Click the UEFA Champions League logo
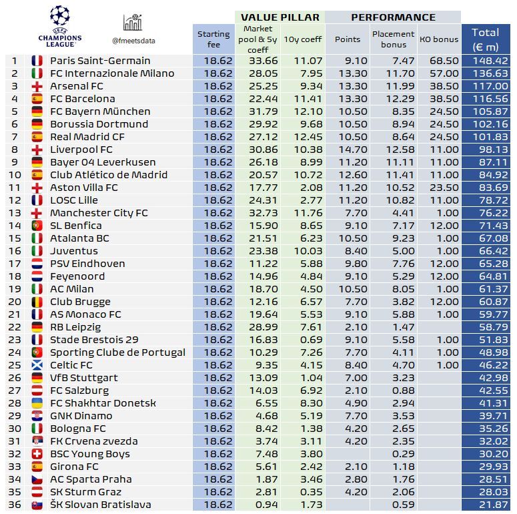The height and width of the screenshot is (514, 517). (x=59, y=25)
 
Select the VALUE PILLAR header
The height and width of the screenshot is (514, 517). (x=280, y=17)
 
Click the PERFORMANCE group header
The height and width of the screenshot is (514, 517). (x=393, y=17)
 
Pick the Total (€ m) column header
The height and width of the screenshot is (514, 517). (x=485, y=39)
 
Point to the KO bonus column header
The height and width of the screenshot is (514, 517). (x=439, y=39)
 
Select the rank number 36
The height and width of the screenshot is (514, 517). (x=14, y=505)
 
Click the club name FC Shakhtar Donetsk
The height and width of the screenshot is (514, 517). (x=103, y=403)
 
